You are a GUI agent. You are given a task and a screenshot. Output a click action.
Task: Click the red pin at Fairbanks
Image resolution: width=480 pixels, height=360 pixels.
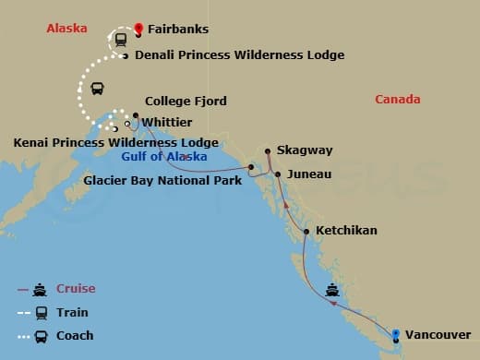[x=138, y=30]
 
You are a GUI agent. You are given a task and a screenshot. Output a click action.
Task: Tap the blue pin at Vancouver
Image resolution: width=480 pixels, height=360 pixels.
[x=396, y=334]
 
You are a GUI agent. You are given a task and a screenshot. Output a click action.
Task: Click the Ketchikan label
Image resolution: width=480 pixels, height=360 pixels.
[x=346, y=230]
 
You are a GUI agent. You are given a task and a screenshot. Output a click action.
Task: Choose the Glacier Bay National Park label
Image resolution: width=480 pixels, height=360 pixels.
[x=162, y=180]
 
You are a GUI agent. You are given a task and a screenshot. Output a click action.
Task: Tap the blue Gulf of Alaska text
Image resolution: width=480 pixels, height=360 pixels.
[x=179, y=157]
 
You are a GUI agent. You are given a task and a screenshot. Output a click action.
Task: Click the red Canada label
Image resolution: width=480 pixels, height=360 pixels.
[x=398, y=100]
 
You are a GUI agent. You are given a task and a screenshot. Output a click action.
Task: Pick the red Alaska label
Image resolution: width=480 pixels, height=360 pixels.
[x=66, y=29]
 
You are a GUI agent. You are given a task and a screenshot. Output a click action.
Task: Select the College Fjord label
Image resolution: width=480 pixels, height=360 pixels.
[x=186, y=102]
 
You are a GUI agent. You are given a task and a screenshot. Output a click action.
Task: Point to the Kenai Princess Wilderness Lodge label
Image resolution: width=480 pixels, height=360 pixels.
[x=115, y=142]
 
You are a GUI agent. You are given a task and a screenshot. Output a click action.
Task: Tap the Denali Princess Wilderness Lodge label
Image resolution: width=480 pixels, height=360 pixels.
[x=239, y=55]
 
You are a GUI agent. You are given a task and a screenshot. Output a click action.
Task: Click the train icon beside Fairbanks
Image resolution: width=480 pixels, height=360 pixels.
[x=120, y=39]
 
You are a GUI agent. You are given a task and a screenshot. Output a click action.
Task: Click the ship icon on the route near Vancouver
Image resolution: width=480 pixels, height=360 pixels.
[x=331, y=291]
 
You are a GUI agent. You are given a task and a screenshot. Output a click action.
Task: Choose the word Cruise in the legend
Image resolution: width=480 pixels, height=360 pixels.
[x=76, y=289]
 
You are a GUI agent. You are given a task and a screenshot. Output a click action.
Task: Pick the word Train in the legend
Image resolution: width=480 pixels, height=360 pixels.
[x=72, y=312]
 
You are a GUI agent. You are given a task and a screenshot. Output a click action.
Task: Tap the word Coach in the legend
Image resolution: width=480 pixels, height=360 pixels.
[x=75, y=335]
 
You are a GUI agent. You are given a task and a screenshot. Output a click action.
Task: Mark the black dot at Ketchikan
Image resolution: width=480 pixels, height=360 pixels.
[x=306, y=231]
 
